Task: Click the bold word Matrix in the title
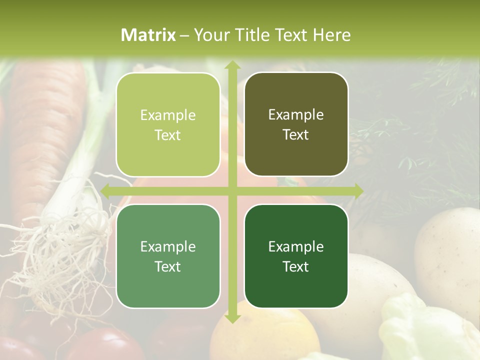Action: click(148, 35)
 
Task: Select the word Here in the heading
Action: click(332, 35)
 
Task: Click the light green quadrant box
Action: click(168, 125)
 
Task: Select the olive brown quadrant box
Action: click(296, 124)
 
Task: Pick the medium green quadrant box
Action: click(168, 256)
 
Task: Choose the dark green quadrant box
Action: click(296, 256)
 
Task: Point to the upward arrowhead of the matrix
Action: click(232, 65)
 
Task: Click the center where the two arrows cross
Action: click(232, 191)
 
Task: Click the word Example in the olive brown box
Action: click(296, 115)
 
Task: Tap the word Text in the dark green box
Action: click(296, 266)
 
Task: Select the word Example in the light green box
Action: click(168, 115)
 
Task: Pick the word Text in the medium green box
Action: click(168, 266)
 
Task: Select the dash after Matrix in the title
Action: click(184, 35)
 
